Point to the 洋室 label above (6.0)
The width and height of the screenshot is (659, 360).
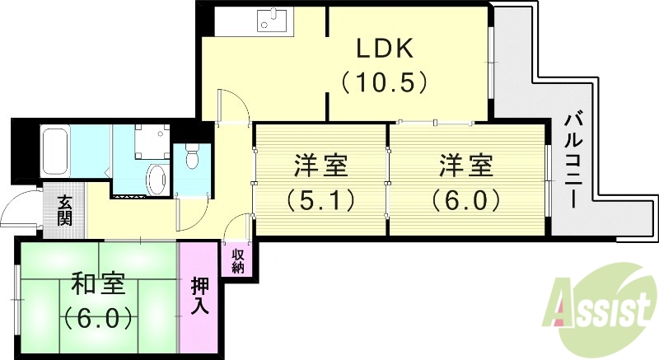pyautogui.click(x=466, y=166)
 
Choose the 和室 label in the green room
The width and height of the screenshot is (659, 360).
pyautogui.click(x=97, y=284)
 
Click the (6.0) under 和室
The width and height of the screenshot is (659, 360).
pyautogui.click(x=97, y=317)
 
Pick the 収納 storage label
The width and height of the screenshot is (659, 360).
pyautogui.click(x=238, y=259)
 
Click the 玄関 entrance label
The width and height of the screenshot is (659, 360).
pyautogui.click(x=64, y=213)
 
